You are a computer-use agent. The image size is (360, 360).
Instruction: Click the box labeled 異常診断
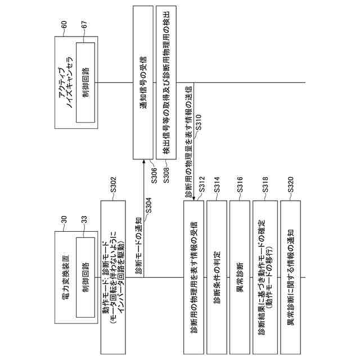click(x=240, y=276)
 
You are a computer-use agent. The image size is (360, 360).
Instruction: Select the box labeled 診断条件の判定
click(x=217, y=276)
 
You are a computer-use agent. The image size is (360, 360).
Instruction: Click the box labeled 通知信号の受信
click(x=143, y=82)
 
